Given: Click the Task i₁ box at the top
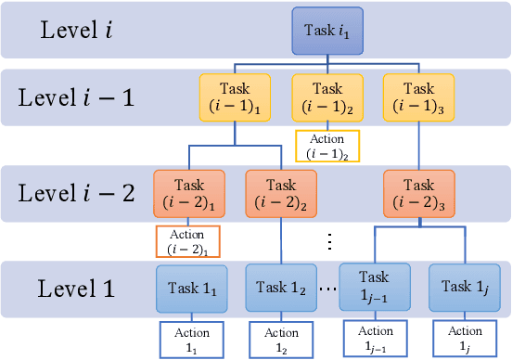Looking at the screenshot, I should (x=326, y=30).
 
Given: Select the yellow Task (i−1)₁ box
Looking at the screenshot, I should (x=232, y=97).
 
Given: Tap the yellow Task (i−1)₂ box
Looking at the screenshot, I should (x=326, y=97).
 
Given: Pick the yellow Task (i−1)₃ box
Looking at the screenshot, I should (x=420, y=97).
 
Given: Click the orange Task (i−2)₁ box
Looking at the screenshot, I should (x=189, y=192).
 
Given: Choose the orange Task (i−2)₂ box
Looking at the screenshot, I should (x=280, y=192).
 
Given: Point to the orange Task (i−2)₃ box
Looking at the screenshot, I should (x=420, y=192).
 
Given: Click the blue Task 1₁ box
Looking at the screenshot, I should (x=190, y=288).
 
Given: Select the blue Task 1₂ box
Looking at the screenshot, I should (x=281, y=288).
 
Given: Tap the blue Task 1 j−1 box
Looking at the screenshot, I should (x=375, y=288).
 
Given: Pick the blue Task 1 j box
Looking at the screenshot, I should (x=465, y=288).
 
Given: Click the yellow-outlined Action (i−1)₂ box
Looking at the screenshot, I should (x=326, y=146).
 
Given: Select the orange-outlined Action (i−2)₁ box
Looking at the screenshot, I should (x=189, y=241).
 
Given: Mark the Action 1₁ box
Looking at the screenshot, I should (x=190, y=339).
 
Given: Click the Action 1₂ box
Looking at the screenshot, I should (x=281, y=339).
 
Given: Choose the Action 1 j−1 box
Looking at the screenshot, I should (x=375, y=339).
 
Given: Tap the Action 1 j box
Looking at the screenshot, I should (x=465, y=339).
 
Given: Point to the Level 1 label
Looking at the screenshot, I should (x=77, y=288).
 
